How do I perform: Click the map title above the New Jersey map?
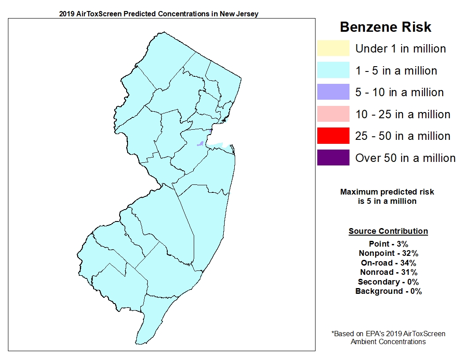(x=158, y=14)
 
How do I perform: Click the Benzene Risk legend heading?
(x=385, y=27)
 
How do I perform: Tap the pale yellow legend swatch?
(x=333, y=49)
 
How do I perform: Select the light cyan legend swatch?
(x=333, y=71)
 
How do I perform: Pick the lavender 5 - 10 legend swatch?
(x=333, y=92)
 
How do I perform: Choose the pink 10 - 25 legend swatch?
(x=333, y=114)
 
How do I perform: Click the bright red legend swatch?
(x=333, y=136)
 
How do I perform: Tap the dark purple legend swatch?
(x=333, y=157)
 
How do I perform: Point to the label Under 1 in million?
(x=401, y=49)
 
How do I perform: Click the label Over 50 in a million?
(x=405, y=158)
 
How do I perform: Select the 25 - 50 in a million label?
(x=402, y=136)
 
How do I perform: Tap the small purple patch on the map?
(x=200, y=144)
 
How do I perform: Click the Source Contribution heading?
(x=388, y=231)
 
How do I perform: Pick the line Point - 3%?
(x=388, y=244)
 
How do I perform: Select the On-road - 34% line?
(x=388, y=263)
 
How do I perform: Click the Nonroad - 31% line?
(x=388, y=273)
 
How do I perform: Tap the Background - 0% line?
(x=388, y=291)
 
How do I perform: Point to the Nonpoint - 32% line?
(x=388, y=253)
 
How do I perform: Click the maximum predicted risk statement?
(x=387, y=197)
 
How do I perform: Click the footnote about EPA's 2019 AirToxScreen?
(x=388, y=337)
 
